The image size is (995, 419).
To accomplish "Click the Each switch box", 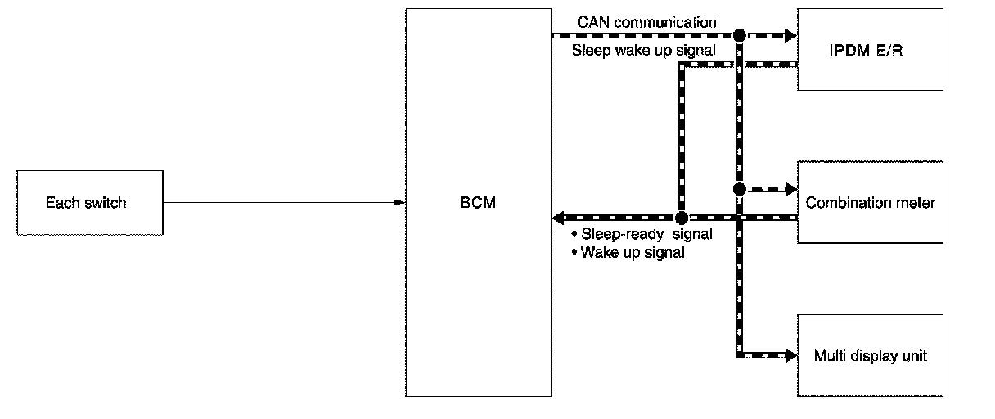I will [90, 202].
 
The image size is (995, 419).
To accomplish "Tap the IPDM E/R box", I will [870, 49].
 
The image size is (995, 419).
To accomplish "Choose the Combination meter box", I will [870, 202].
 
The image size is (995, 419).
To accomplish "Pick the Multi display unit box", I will [870, 356].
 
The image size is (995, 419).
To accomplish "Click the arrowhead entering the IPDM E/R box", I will [790, 35].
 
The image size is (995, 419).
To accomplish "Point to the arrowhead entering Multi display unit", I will [790, 356].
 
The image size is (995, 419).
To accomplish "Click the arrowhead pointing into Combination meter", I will [790, 189].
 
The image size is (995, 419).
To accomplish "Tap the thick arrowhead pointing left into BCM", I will [560, 218].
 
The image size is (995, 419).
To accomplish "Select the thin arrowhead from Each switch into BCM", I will [400, 202].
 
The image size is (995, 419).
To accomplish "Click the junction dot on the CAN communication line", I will [739, 35].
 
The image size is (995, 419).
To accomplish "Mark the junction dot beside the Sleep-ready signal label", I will [681, 218].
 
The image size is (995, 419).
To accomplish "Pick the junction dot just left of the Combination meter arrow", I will [739, 189].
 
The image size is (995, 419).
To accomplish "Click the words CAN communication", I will [646, 22].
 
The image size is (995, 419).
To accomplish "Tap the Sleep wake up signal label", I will [643, 50].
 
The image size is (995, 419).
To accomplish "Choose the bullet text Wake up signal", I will [633, 252].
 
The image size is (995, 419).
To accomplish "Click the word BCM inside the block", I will [478, 202].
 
